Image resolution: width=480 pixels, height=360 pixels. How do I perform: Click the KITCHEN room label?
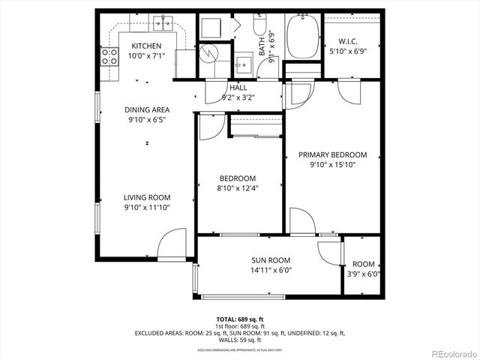click(146, 46)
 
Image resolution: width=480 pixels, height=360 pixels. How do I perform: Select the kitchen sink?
click(160, 24)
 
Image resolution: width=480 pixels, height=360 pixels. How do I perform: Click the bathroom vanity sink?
click(243, 63)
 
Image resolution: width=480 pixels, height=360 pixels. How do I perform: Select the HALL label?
click(238, 88)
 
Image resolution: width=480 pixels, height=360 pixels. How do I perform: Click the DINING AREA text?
click(147, 109)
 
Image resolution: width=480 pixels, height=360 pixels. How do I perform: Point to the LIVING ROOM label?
click(147, 198)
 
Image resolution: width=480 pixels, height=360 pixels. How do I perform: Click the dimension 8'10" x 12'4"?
click(237, 188)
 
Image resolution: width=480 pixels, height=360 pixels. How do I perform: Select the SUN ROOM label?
click(270, 259)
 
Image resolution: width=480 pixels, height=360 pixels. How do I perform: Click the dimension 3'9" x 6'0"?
click(364, 274)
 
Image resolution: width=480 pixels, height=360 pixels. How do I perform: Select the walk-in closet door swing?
click(349, 91)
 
